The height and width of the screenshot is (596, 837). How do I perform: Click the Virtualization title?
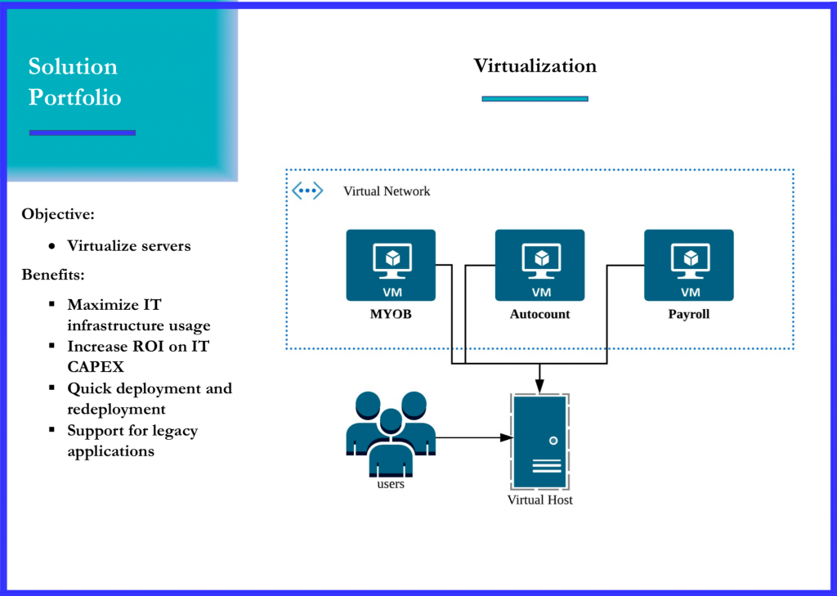tap(535, 66)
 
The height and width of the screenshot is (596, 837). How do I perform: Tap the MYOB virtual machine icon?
tap(391, 265)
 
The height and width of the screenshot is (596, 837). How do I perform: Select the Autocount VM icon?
tap(539, 265)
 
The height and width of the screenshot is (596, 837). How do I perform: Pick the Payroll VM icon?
tap(689, 265)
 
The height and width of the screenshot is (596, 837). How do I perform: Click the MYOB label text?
tap(391, 314)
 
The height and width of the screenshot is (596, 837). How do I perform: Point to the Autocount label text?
tap(539, 314)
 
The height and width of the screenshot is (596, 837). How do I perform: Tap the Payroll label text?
tap(689, 314)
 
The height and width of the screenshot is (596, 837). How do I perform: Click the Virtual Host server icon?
tap(539, 441)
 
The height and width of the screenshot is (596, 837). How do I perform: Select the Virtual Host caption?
tap(539, 500)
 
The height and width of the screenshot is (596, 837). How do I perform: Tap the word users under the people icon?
tap(391, 484)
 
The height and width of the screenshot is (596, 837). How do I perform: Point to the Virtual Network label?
tap(387, 191)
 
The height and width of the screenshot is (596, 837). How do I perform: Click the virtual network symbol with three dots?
tap(307, 191)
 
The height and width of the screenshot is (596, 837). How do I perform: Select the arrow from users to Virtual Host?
tap(470, 437)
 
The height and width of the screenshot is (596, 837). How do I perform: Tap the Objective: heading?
tap(58, 214)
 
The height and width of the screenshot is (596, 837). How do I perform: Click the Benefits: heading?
tap(54, 274)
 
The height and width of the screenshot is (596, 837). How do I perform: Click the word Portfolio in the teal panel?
tap(74, 98)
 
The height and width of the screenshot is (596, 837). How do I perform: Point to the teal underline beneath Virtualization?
tap(535, 99)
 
